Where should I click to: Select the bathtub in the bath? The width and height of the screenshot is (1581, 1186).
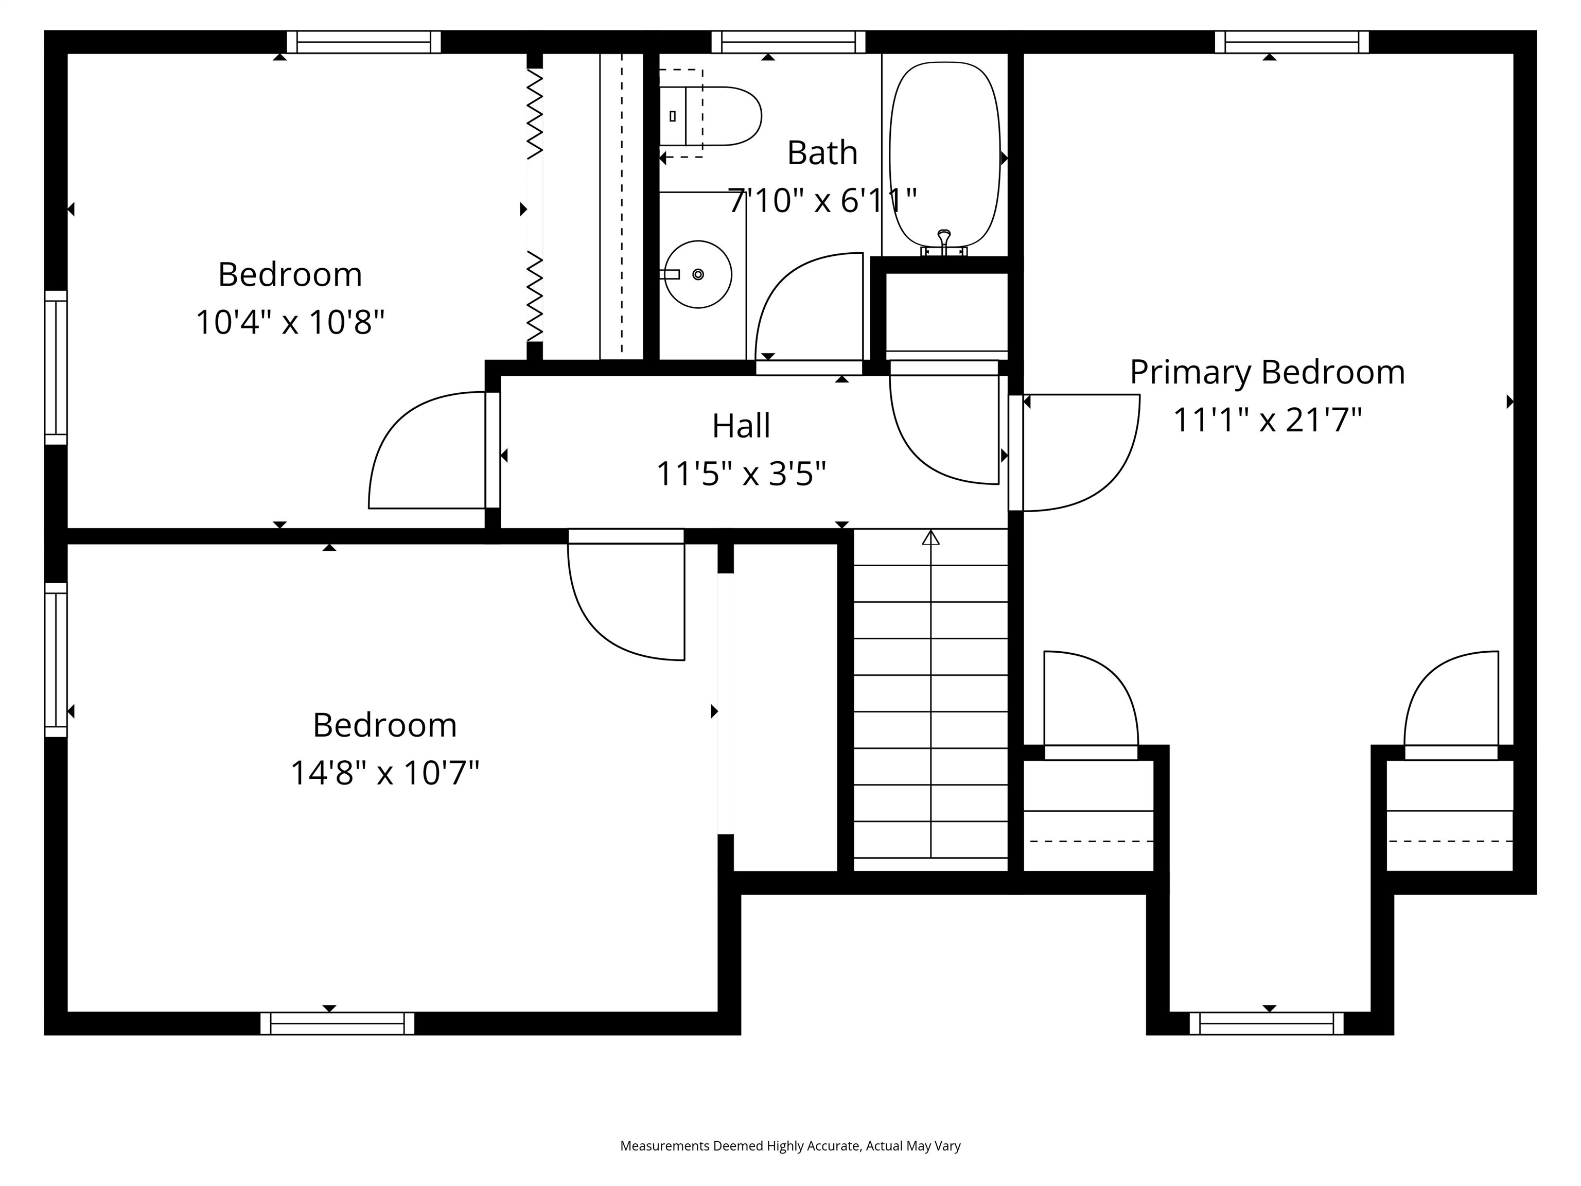tap(944, 154)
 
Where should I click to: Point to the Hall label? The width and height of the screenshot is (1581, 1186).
tap(741, 426)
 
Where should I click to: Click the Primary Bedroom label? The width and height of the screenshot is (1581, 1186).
tap(1267, 373)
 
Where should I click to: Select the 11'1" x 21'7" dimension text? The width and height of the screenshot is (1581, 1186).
tap(1267, 420)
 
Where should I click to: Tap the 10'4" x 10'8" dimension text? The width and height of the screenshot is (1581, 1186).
tap(290, 322)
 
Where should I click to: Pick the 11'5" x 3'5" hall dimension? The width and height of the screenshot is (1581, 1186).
tap(741, 473)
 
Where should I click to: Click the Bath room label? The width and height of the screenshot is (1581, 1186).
tap(822, 153)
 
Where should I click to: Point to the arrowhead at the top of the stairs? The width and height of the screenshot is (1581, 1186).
tap(930, 537)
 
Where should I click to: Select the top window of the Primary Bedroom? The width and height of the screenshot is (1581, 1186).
tap(1292, 42)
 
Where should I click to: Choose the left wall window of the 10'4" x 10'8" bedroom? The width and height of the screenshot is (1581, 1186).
tap(56, 368)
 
